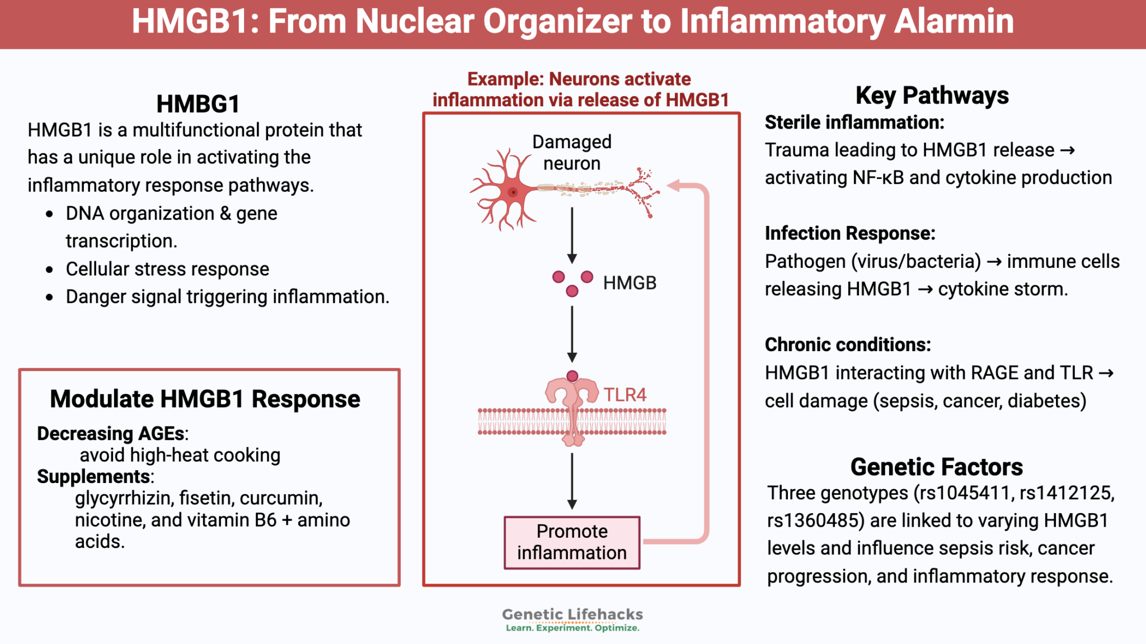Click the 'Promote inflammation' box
571,542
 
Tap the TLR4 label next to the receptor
624,395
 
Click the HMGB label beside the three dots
630,283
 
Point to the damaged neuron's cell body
512,192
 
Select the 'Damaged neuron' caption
571,153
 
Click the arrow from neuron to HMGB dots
572,235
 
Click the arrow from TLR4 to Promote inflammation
572,481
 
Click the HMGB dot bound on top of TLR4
572,376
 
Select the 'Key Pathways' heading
932,96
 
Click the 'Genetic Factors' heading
936,467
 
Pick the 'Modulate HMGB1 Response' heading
205,399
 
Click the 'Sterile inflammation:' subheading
854,122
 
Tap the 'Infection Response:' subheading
850,233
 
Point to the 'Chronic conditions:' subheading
848,344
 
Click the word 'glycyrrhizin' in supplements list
123,498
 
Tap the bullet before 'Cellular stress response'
50,269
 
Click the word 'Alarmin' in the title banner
954,21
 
